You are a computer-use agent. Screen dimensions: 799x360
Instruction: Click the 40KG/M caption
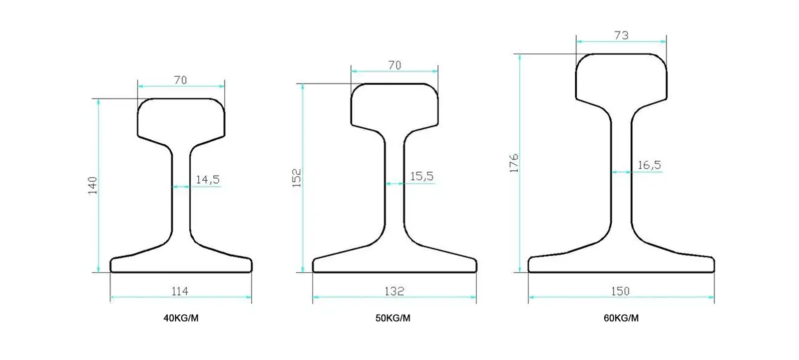(x=181, y=318)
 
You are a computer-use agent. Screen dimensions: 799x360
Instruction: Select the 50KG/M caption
(x=393, y=318)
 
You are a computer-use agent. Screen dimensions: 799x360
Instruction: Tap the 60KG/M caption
(x=621, y=318)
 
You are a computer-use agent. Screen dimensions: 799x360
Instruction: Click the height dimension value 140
(x=93, y=185)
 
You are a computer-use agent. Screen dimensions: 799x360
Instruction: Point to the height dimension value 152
(x=297, y=178)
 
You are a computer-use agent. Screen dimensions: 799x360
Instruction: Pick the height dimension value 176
(x=514, y=163)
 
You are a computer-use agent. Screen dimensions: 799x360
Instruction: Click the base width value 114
(x=180, y=292)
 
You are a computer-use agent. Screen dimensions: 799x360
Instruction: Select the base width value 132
(x=394, y=292)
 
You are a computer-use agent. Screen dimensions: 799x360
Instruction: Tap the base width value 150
(x=620, y=292)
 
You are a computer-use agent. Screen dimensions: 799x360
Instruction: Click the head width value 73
(x=621, y=35)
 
